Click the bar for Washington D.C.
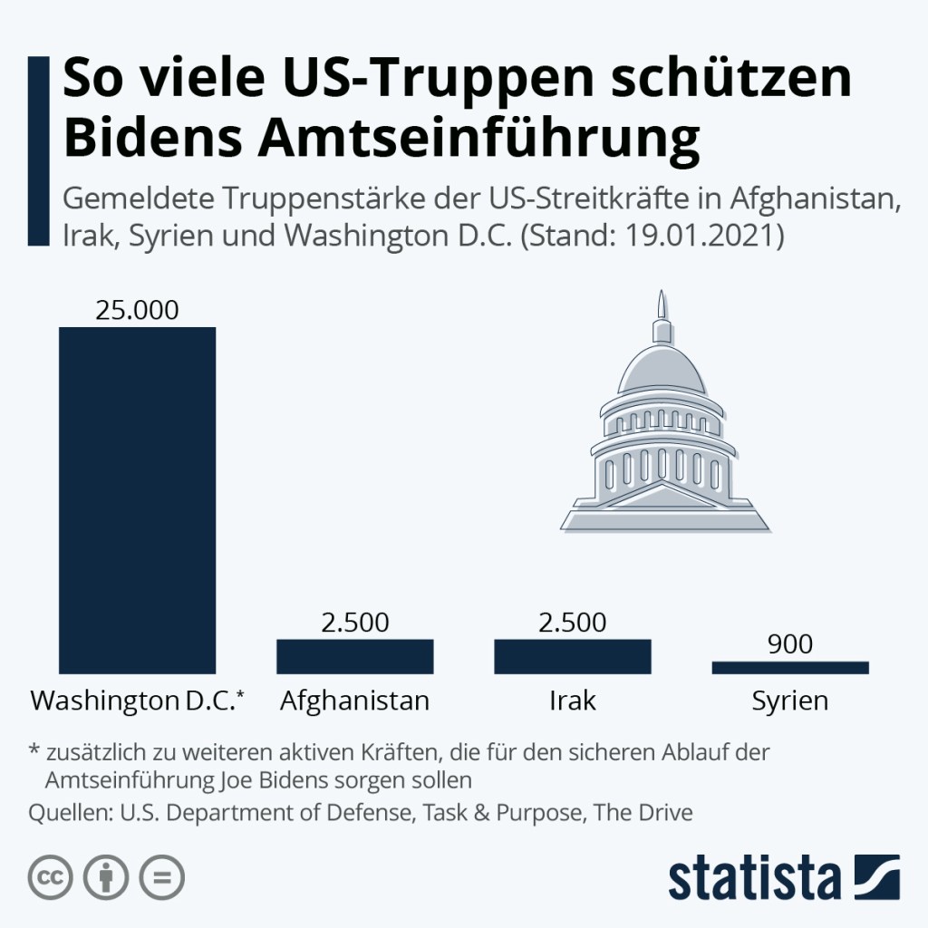[x=137, y=499]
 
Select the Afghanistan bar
[x=354, y=656]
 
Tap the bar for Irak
[x=572, y=656]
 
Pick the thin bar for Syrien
[x=789, y=667]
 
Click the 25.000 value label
[x=137, y=310]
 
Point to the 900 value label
[x=789, y=644]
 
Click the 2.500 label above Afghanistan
[x=354, y=623]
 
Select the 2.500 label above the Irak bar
[x=572, y=623]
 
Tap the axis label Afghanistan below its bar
[x=354, y=701]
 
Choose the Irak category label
[x=572, y=701]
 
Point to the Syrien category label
[x=789, y=701]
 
